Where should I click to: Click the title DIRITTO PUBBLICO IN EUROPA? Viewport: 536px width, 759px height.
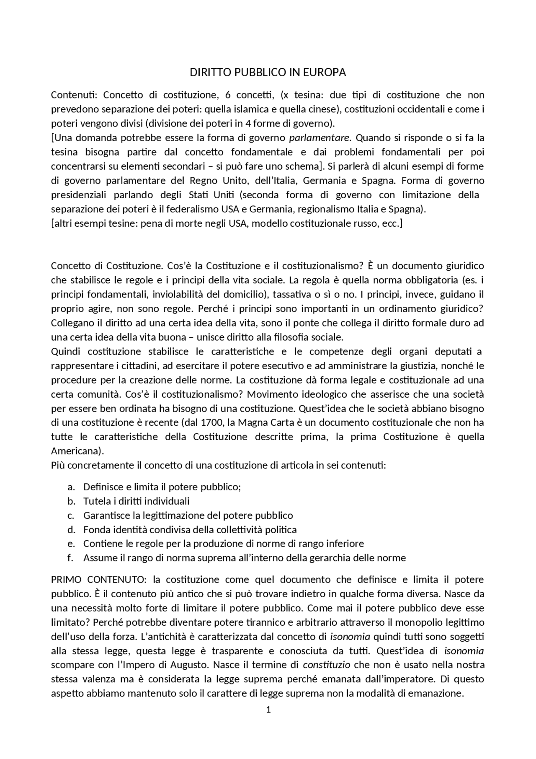point(268,73)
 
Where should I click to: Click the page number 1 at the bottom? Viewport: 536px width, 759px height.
point(268,710)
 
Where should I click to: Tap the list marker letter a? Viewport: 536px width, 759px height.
point(71,487)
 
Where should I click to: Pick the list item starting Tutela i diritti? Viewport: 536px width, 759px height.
point(136,501)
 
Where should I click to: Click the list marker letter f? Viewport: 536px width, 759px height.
point(70,558)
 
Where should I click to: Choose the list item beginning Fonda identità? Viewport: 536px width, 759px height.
point(190,529)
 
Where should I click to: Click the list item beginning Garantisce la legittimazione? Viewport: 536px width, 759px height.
point(188,515)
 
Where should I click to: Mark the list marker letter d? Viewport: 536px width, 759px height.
point(71,529)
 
